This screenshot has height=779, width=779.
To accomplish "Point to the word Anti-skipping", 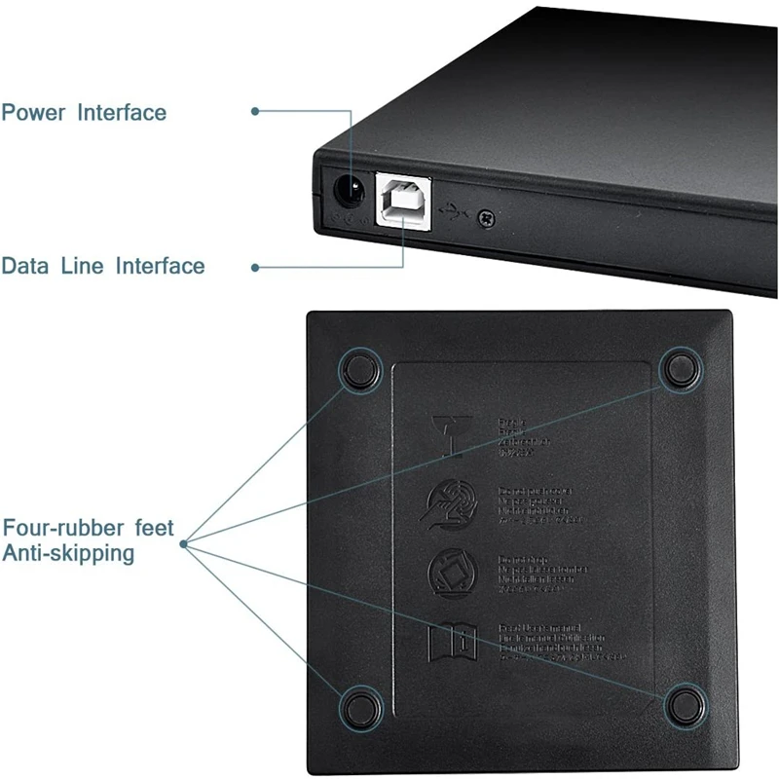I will tap(67, 554).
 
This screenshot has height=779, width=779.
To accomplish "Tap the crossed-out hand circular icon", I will tap(449, 504).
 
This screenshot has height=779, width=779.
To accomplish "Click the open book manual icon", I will tap(451, 642).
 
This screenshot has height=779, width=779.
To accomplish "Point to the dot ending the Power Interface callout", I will tap(255, 111).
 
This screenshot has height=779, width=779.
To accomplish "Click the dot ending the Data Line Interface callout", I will tap(255, 266).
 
